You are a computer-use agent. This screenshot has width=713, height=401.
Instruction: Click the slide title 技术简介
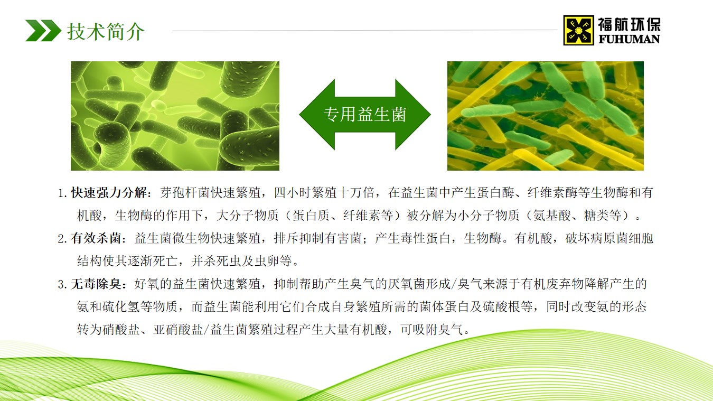(x=106, y=31)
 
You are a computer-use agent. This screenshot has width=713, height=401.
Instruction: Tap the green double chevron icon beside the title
(x=43, y=31)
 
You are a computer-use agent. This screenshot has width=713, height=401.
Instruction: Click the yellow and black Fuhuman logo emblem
(x=579, y=30)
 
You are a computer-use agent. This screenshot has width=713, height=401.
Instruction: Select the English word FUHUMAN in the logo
(x=629, y=39)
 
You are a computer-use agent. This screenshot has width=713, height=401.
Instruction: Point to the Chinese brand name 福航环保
(x=629, y=24)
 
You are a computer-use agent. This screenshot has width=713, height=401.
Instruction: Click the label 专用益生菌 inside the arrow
(x=365, y=114)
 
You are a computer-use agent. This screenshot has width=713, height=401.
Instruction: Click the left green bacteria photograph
(x=175, y=116)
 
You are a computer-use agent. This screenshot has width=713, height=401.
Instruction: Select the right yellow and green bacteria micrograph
(x=545, y=116)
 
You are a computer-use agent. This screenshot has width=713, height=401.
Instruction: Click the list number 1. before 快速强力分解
(x=63, y=193)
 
